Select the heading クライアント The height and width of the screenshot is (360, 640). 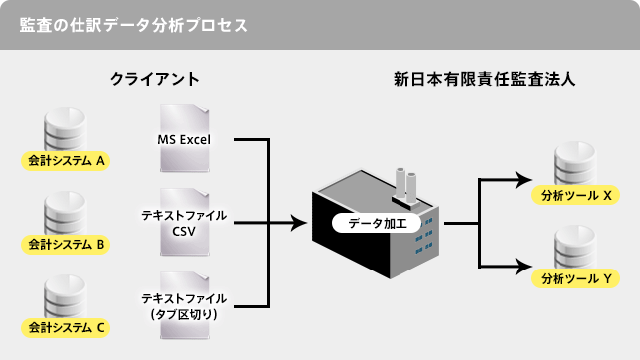[155, 78]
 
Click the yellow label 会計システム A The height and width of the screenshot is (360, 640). [68, 159]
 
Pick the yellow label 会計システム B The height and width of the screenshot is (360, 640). [68, 243]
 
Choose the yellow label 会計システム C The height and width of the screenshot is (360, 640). [68, 326]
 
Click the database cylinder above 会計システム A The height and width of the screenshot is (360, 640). [67, 132]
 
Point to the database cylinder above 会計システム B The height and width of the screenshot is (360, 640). [67, 215]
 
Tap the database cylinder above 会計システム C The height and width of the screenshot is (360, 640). [67, 298]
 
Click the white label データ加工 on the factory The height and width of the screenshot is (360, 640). [377, 223]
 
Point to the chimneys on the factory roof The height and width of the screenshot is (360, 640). [402, 182]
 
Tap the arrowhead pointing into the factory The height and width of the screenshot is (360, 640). [298, 224]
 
